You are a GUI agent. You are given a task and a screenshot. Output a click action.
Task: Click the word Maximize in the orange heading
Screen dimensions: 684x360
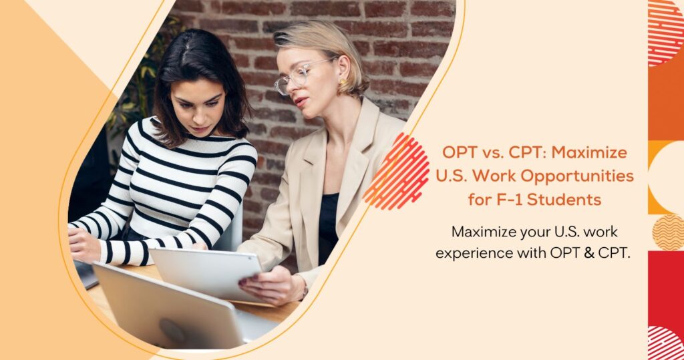(589, 152)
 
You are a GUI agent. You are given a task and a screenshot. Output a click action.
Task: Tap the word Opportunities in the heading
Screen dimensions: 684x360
(577, 176)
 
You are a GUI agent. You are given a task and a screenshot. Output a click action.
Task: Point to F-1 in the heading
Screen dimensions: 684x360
(509, 200)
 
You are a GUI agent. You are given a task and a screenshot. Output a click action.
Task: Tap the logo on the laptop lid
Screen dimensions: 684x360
(172, 331)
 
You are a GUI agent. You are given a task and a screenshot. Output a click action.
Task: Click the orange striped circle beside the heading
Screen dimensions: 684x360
(396, 172)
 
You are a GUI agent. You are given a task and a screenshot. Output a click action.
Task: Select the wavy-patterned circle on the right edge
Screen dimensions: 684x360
(668, 232)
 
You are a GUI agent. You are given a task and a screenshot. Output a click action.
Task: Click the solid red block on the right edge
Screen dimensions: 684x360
(666, 288)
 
